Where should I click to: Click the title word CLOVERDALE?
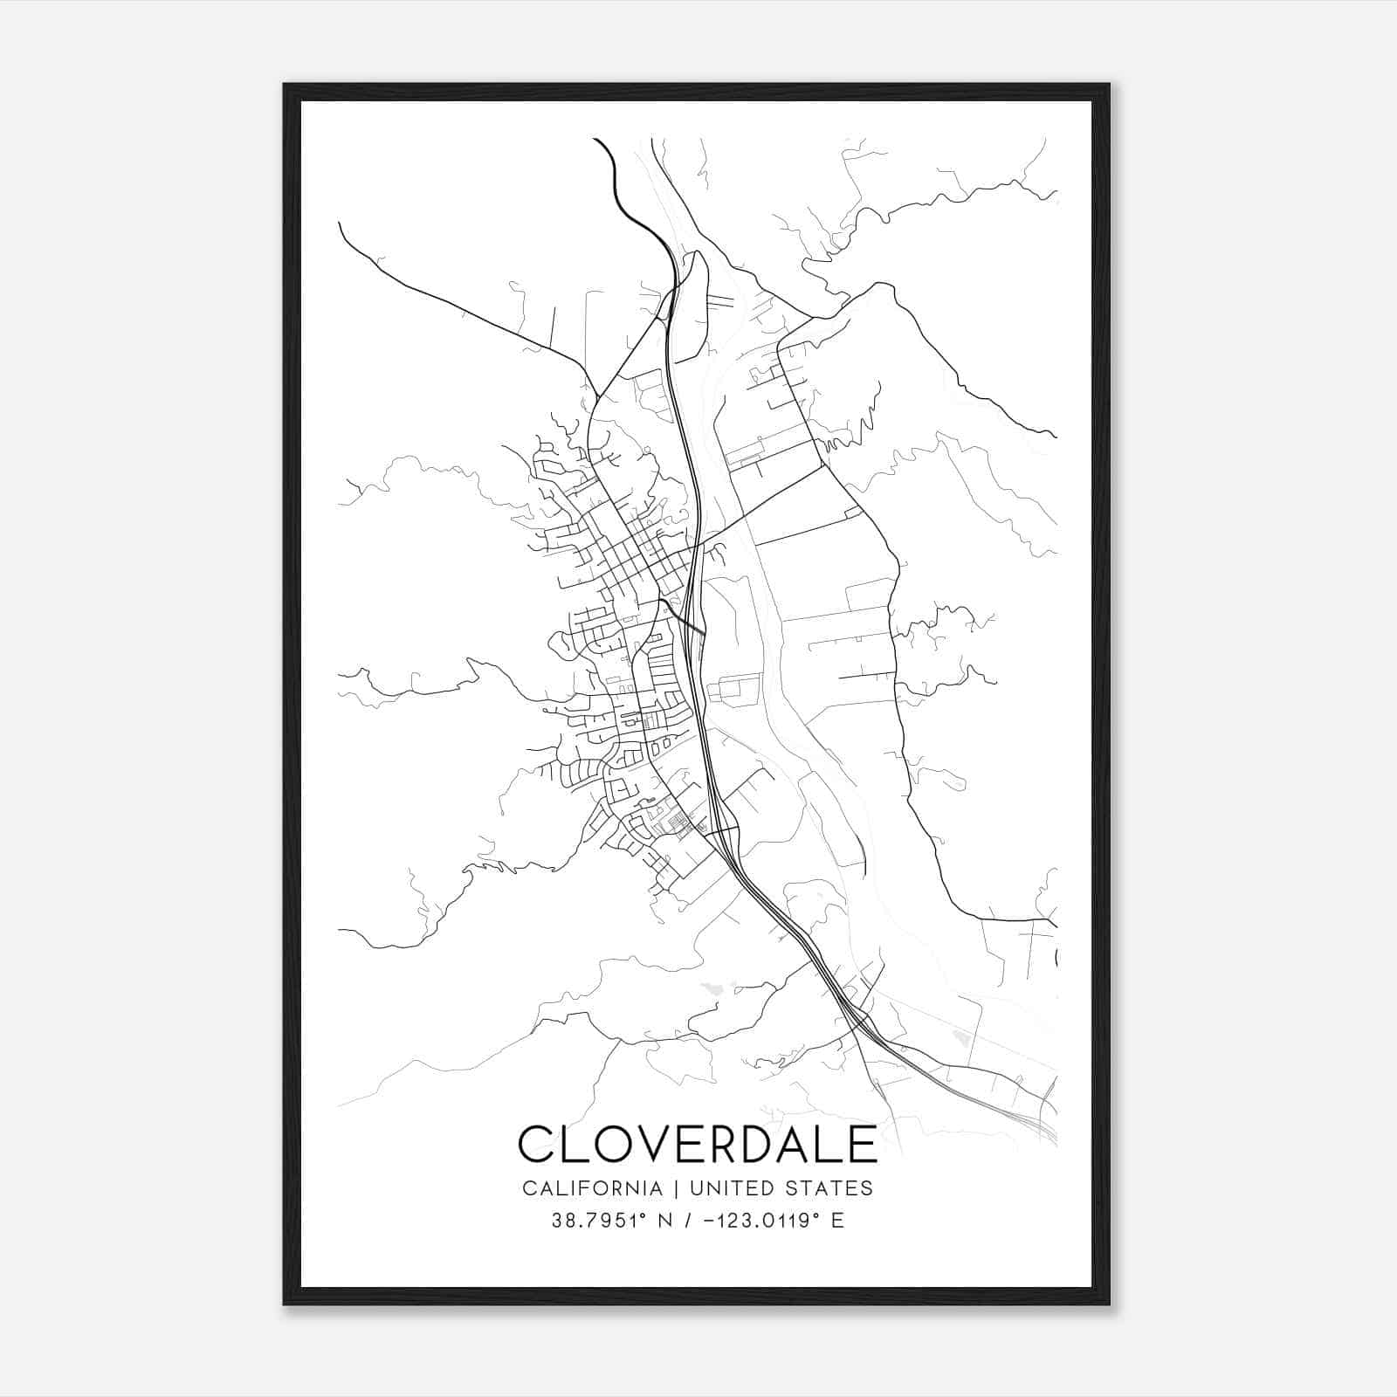[x=697, y=1144]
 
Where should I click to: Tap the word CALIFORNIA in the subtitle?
[x=591, y=1188]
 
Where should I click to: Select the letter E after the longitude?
[x=837, y=1221]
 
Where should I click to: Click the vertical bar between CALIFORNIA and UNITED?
[x=674, y=1188]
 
